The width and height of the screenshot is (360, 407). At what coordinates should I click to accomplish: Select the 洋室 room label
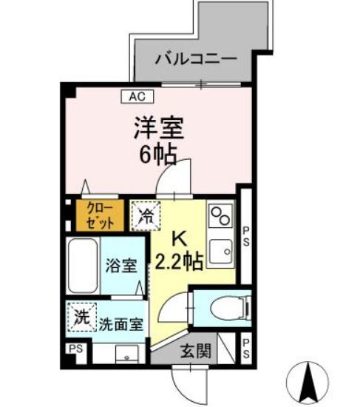pyautogui.click(x=157, y=129)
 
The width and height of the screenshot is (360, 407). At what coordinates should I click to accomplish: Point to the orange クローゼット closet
pyautogui.click(x=98, y=215)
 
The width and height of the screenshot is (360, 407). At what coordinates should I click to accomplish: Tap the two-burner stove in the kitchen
pyautogui.click(x=220, y=216)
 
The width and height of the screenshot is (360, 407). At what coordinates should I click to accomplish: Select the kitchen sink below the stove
pyautogui.click(x=220, y=251)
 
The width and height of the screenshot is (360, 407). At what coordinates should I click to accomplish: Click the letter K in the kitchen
pyautogui.click(x=180, y=239)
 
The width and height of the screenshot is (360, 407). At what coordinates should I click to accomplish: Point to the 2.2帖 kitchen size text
pyautogui.click(x=180, y=260)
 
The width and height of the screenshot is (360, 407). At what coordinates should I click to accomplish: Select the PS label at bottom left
pyautogui.click(x=75, y=349)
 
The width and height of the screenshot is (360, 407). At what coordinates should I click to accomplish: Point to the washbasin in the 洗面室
pyautogui.click(x=126, y=354)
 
